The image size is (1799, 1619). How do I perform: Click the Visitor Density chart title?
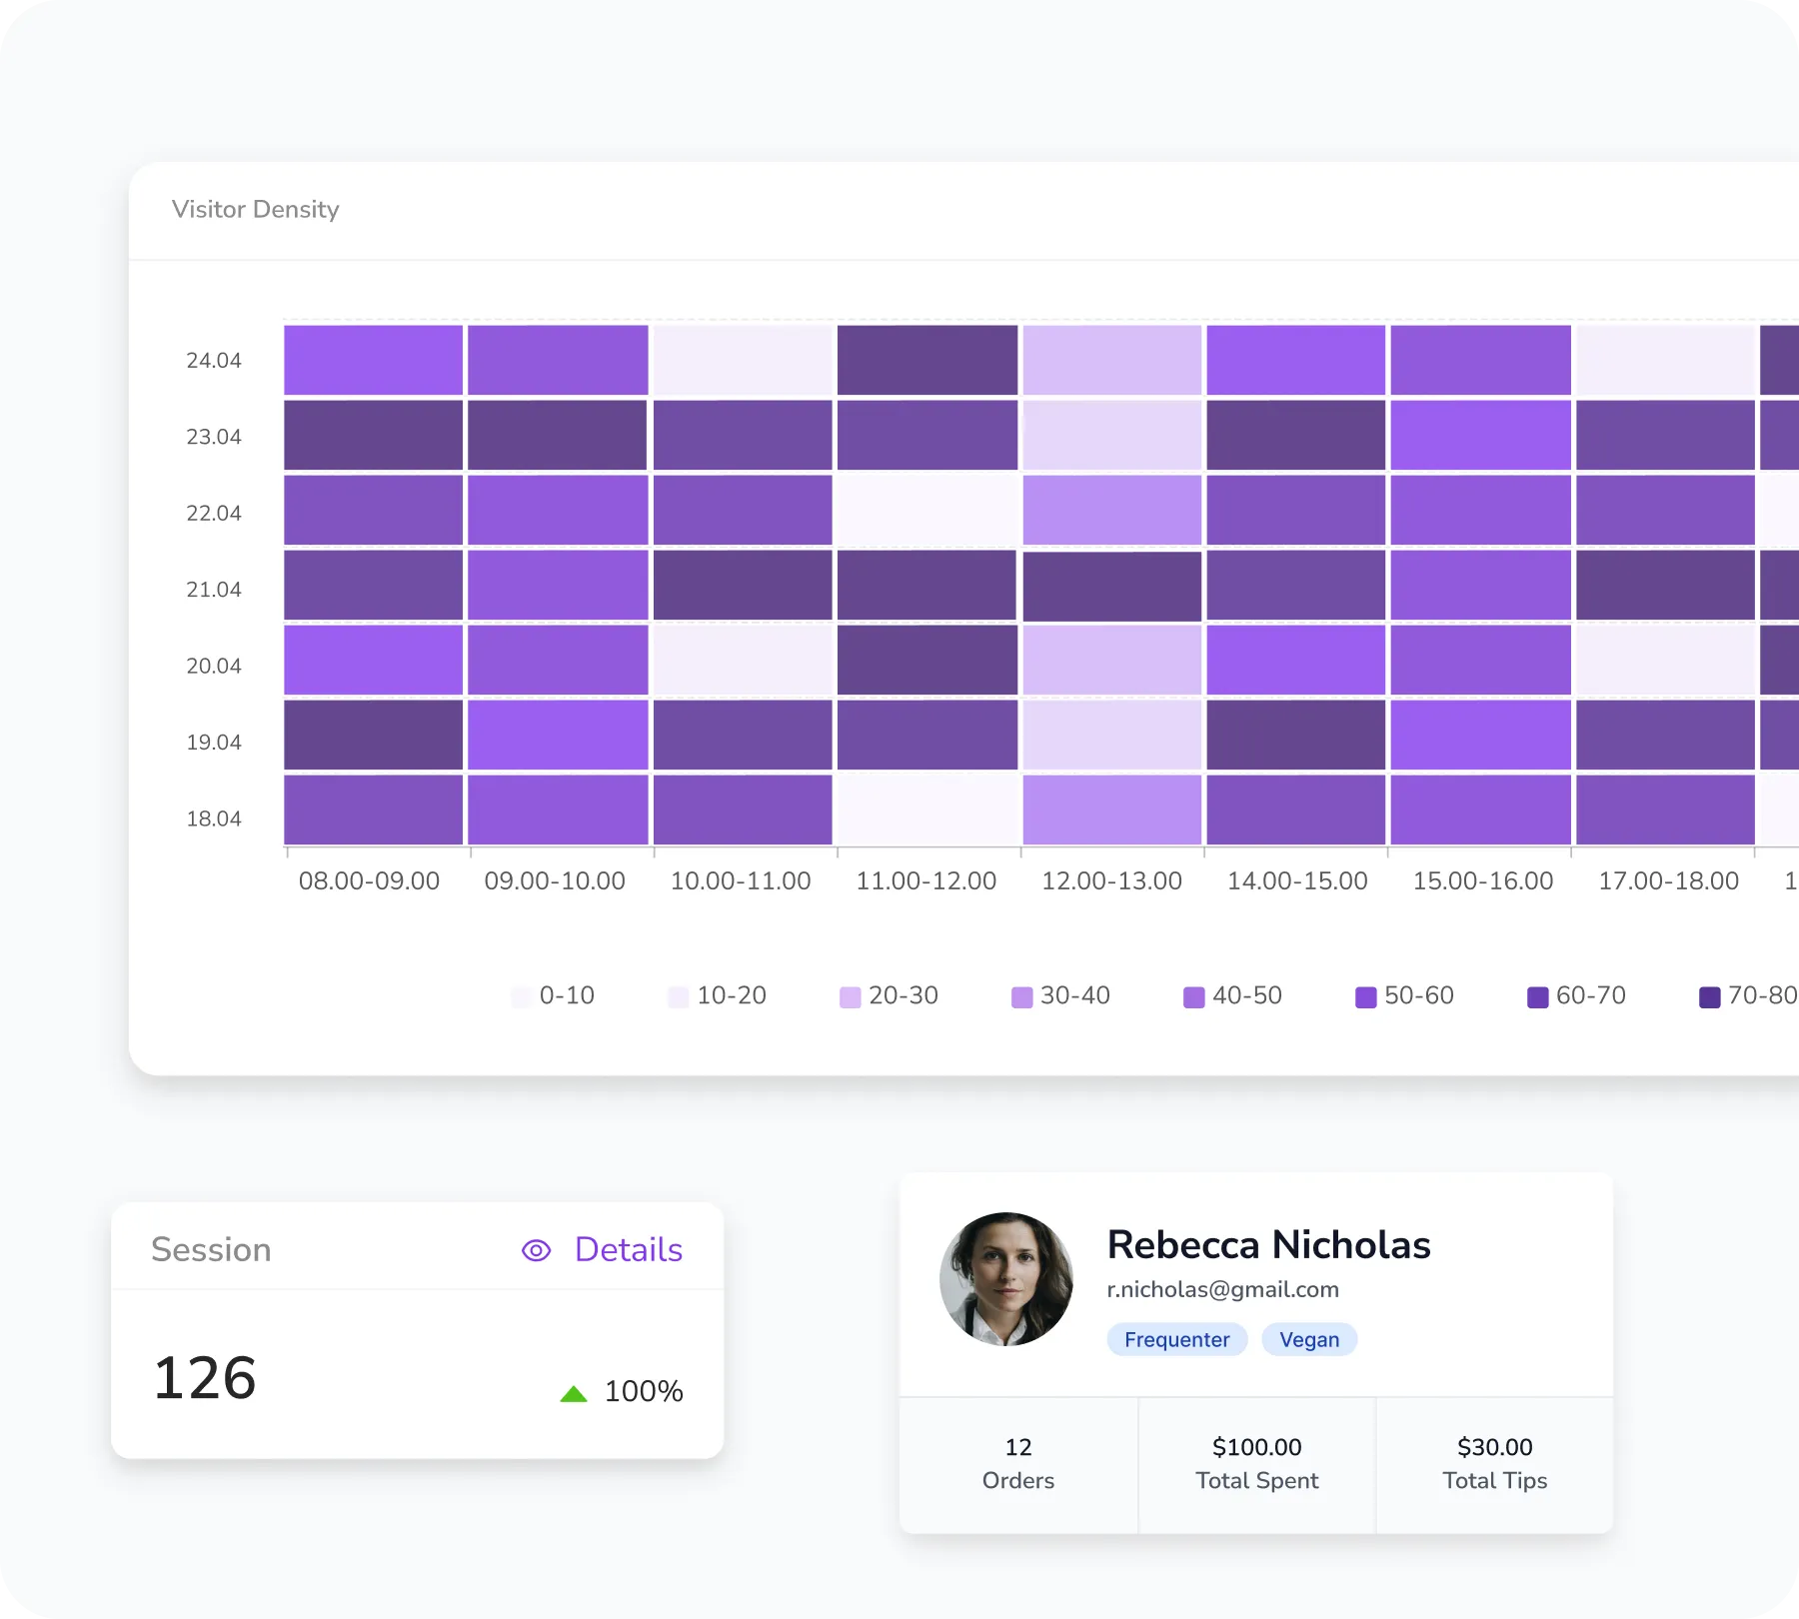[x=255, y=209]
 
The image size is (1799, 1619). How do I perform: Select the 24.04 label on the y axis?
[x=214, y=361]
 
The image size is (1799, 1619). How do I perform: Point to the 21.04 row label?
[x=214, y=590]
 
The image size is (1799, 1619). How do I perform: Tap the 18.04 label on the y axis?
[x=214, y=818]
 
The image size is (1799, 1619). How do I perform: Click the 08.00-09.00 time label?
[x=369, y=881]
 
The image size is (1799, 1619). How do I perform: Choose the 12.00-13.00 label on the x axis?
[x=1111, y=881]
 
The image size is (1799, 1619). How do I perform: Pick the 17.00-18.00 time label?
[x=1668, y=881]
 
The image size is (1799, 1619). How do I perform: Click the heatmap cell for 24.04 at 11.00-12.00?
[x=926, y=360]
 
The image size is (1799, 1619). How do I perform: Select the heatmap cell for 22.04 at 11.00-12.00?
[x=926, y=510]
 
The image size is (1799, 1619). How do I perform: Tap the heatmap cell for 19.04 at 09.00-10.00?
[x=558, y=735]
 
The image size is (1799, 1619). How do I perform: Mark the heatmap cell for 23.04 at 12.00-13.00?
[x=1111, y=435]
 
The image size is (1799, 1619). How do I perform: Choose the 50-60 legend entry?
[x=1404, y=996]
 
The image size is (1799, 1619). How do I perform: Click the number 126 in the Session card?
[x=205, y=1378]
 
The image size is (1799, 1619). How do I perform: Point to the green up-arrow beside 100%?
[x=574, y=1393]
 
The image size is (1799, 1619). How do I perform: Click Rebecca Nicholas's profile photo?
[x=1005, y=1279]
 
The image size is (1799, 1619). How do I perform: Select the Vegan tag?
[x=1308, y=1339]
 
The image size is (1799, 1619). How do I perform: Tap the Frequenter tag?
[x=1176, y=1339]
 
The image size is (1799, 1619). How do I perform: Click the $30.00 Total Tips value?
[x=1494, y=1447]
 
